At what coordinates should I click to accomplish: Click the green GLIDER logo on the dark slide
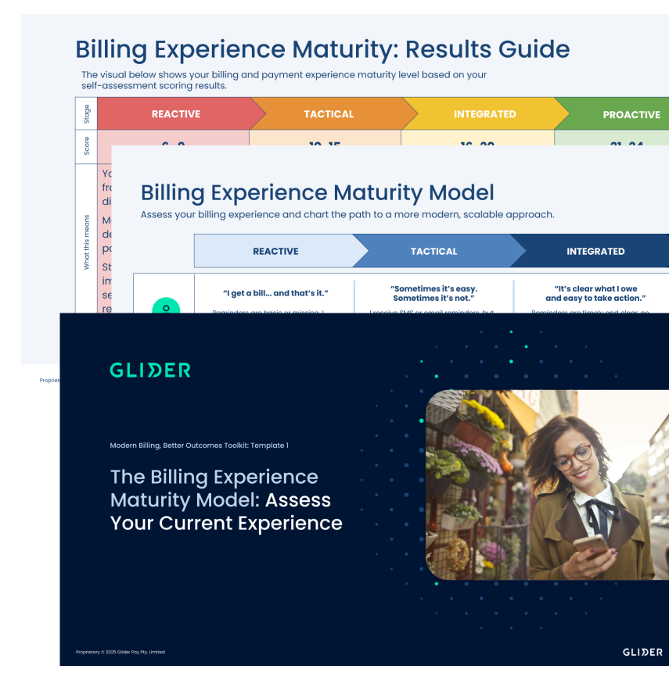150,370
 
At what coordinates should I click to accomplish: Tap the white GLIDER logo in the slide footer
642,652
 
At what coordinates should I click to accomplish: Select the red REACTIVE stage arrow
176,114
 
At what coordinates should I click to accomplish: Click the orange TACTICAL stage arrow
329,114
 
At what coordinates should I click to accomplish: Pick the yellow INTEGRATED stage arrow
484,114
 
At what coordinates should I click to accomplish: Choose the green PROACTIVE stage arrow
631,115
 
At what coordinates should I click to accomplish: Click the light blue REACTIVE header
275,252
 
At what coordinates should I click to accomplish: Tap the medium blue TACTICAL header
433,252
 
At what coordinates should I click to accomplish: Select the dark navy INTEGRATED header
595,252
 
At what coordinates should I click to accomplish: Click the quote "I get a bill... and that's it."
275,293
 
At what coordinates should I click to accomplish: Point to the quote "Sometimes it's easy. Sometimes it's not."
433,293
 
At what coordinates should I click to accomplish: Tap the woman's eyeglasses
574,457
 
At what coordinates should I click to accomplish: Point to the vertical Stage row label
86,114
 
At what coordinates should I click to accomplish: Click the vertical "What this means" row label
86,242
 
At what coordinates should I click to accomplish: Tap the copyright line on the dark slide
120,652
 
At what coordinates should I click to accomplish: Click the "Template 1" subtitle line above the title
200,446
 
